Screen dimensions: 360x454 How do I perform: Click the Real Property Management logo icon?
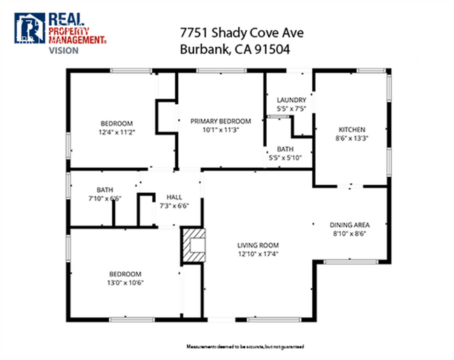tap(29, 28)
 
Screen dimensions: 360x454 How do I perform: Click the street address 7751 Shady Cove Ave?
tap(234, 34)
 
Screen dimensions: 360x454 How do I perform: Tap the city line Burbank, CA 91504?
tap(234, 50)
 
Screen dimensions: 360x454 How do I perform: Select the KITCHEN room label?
tap(352, 129)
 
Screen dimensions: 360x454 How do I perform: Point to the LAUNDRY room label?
tap(291, 100)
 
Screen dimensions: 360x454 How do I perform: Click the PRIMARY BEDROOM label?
tap(221, 121)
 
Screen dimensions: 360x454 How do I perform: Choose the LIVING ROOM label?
tap(258, 245)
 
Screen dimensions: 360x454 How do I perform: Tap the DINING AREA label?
tap(349, 224)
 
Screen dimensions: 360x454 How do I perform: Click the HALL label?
tap(174, 196)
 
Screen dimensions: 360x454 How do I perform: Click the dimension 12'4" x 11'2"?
tap(116, 131)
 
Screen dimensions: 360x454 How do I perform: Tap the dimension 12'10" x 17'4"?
tap(258, 254)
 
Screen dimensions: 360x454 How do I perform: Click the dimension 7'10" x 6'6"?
tap(105, 199)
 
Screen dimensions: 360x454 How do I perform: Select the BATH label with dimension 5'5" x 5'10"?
tap(285, 149)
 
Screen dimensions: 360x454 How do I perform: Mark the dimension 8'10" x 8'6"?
tap(349, 233)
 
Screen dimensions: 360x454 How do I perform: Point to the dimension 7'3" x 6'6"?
tap(174, 206)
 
